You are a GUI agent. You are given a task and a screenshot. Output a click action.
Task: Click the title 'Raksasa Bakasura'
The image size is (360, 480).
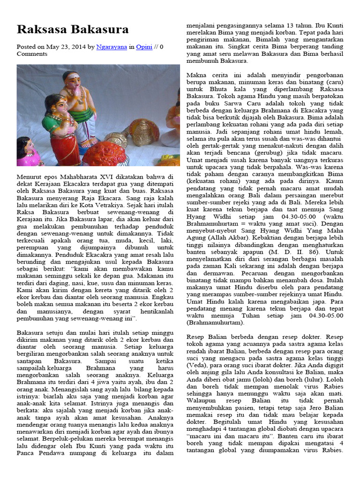pos(73,30)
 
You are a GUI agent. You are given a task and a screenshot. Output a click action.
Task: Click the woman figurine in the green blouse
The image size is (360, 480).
pos(59,124)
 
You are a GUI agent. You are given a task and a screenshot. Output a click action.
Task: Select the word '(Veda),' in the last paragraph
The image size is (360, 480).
pos(198,364)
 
